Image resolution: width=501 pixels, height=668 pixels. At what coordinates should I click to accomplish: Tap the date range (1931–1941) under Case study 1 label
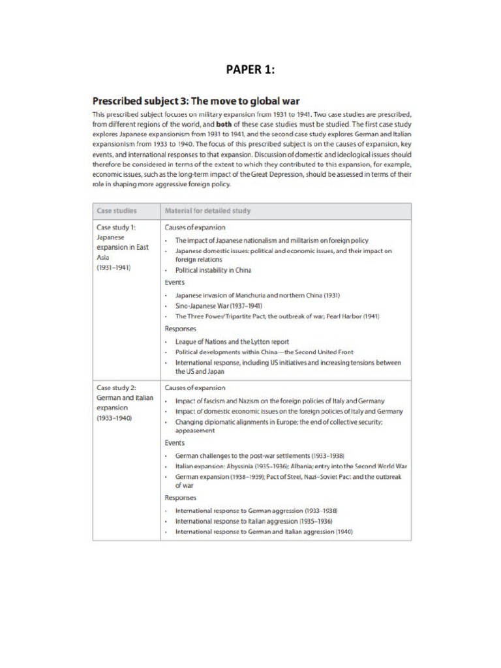(114, 267)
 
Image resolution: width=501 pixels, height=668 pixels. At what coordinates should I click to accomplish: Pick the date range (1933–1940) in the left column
(114, 418)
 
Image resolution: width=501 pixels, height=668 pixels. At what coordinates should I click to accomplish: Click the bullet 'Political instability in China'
(213, 269)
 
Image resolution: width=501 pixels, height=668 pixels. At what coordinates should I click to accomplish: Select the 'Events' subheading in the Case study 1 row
(175, 282)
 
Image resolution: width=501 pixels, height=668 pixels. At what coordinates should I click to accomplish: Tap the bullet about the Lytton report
(232, 341)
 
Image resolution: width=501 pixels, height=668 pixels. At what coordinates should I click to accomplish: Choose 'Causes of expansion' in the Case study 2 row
(195, 387)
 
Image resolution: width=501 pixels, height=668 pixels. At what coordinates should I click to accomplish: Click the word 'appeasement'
(194, 431)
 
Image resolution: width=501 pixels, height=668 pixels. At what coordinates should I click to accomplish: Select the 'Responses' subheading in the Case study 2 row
(181, 497)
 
